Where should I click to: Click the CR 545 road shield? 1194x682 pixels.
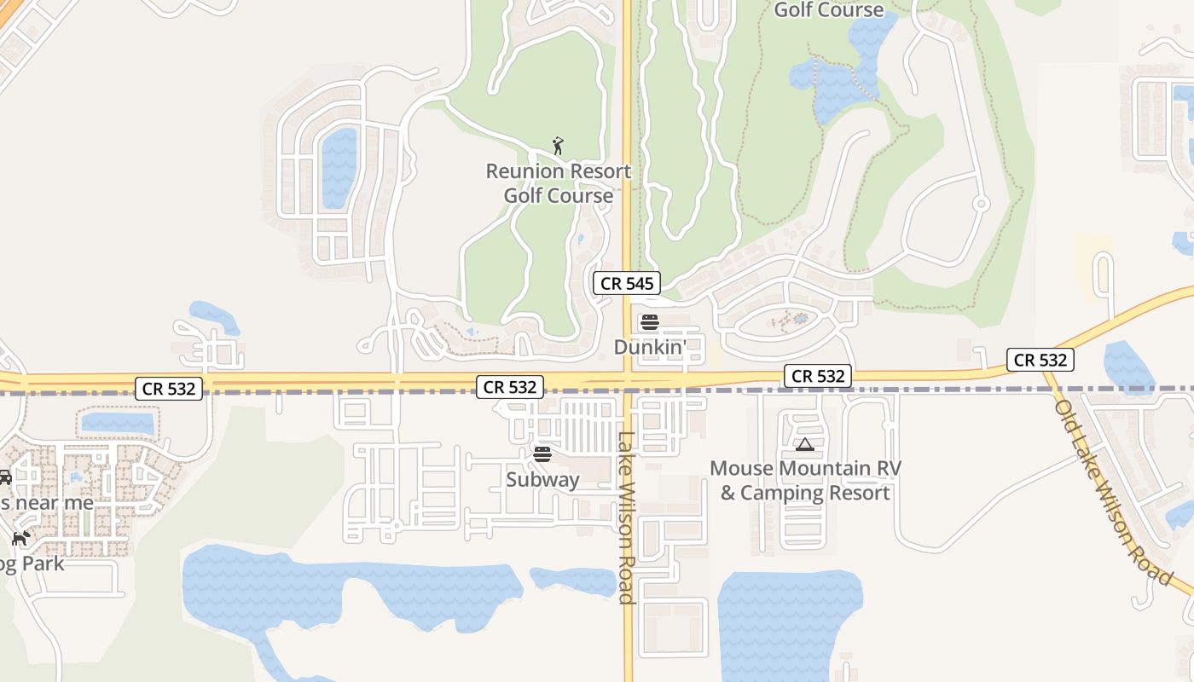[627, 284]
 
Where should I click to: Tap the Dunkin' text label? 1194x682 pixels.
[650, 348]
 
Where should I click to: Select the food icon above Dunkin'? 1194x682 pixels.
[650, 322]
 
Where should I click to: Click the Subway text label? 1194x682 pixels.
[542, 479]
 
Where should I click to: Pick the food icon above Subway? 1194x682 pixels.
[542, 454]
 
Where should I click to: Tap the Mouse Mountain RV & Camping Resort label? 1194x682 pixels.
[805, 481]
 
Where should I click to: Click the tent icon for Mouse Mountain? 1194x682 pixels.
[805, 444]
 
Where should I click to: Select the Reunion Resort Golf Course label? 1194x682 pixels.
[559, 183]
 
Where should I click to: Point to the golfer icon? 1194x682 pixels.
[558, 146]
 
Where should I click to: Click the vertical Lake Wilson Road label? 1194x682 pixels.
[627, 517]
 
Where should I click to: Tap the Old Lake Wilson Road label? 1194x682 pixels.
[1112, 492]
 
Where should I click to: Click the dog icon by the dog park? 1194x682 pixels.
[20, 539]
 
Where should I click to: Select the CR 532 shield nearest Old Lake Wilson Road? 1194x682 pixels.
[1040, 360]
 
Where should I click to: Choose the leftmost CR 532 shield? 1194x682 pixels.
[169, 389]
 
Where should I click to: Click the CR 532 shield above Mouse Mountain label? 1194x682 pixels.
[818, 376]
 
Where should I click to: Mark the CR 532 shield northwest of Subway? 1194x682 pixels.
[510, 387]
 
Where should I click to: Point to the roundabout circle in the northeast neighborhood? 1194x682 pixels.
[981, 204]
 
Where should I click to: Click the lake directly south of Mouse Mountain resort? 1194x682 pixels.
[785, 622]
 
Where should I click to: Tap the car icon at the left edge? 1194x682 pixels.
[4, 477]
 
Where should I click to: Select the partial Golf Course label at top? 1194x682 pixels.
[828, 10]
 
